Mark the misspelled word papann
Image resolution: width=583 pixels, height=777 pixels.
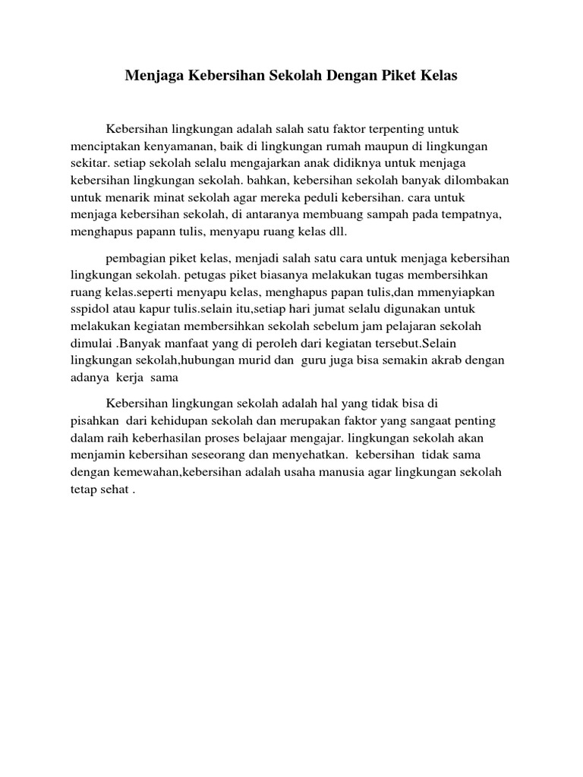(157, 232)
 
